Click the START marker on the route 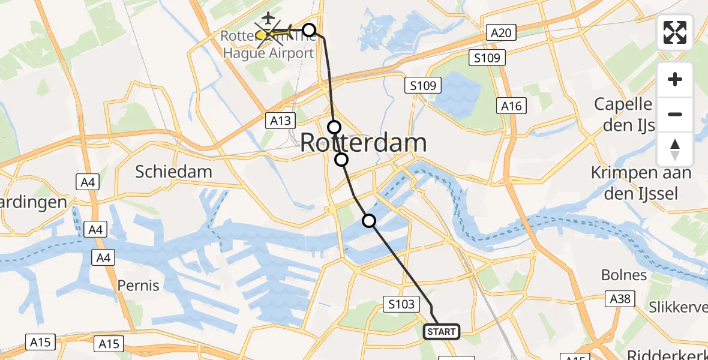click(442, 331)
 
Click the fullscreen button click(675, 32)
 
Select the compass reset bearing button click(675, 149)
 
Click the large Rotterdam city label click(363, 143)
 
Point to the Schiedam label click(173, 172)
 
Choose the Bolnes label click(624, 275)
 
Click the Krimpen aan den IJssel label click(641, 183)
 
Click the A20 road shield click(500, 32)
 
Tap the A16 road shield click(511, 106)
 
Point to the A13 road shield click(280, 121)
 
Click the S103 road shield click(401, 304)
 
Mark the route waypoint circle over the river click(369, 221)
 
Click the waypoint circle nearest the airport click(308, 30)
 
